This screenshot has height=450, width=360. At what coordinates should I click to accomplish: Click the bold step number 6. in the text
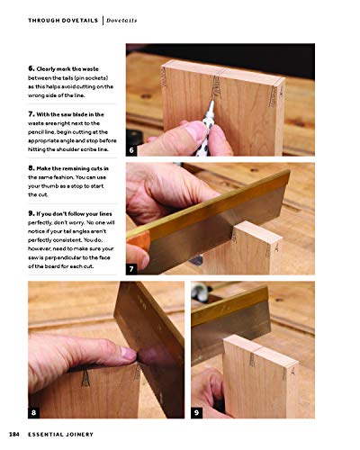[x=32, y=69]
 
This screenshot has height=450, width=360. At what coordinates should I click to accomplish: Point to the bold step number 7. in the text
[x=32, y=114]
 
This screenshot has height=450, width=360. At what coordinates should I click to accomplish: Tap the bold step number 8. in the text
[x=32, y=167]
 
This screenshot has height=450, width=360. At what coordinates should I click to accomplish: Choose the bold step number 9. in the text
[x=32, y=212]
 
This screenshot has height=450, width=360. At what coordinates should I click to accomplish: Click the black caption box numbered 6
[x=132, y=150]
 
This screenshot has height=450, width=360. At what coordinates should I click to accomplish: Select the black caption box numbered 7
[x=132, y=268]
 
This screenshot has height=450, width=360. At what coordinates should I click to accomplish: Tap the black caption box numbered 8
[x=35, y=411]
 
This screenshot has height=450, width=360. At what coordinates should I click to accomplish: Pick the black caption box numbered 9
[x=198, y=411]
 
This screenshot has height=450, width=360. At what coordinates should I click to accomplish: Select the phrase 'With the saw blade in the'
[x=76, y=114]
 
